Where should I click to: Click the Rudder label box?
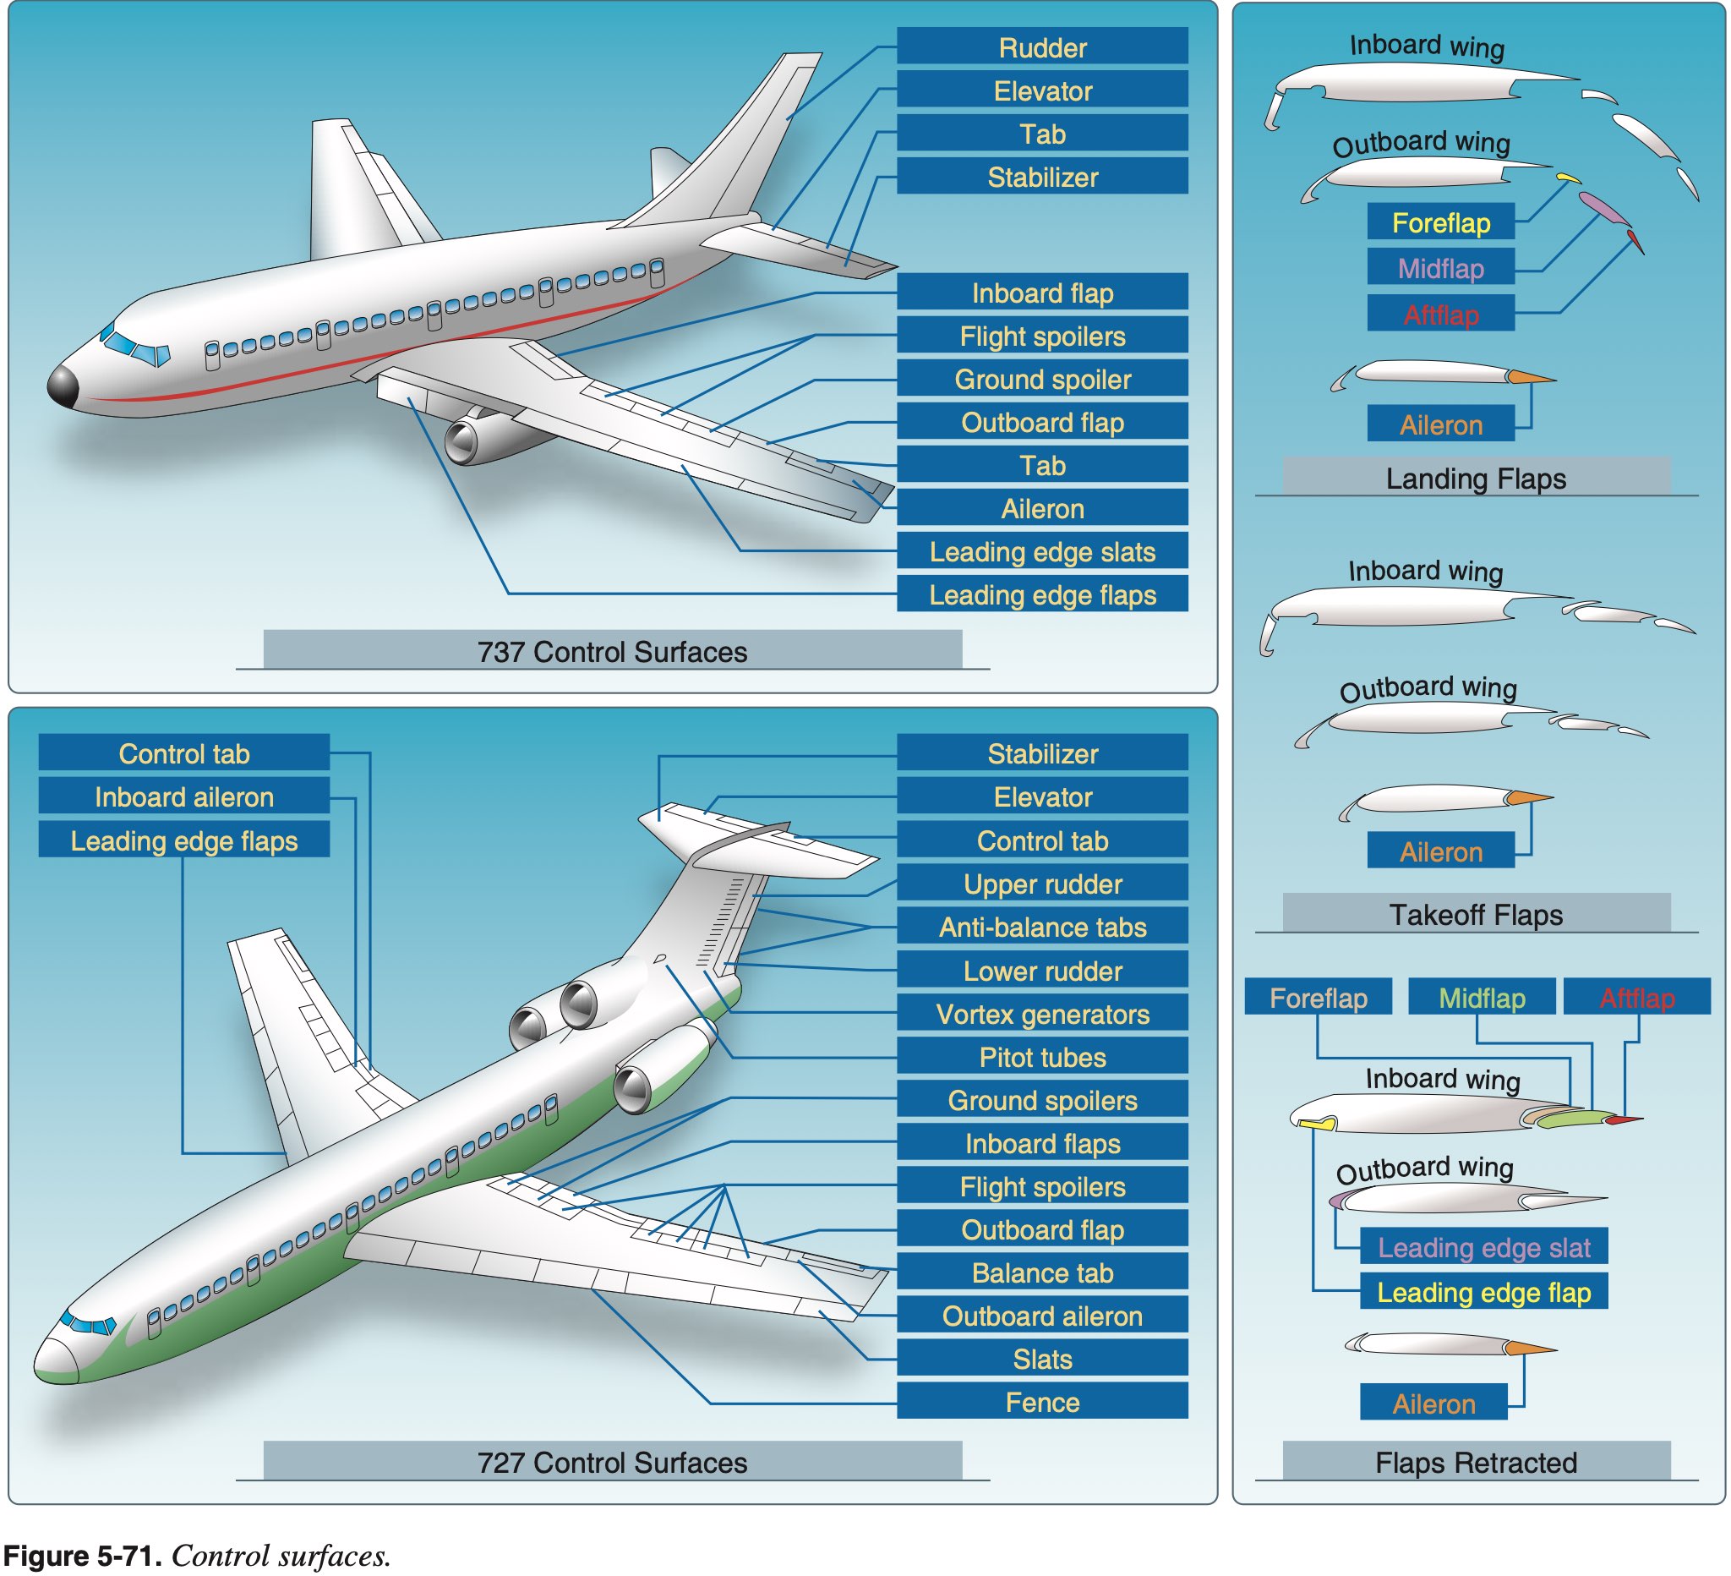tap(1041, 47)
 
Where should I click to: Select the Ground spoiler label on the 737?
tap(1041, 379)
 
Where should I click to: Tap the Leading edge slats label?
tap(1041, 551)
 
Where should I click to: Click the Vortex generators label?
tap(1041, 1015)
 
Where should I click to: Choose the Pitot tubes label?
tap(1041, 1057)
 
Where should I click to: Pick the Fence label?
tap(1041, 1403)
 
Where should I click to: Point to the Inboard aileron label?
tap(183, 797)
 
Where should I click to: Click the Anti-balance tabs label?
tap(1041, 928)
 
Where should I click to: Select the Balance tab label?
tap(1041, 1272)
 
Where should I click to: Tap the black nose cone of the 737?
tap(63, 386)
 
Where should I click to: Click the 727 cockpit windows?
tap(89, 1323)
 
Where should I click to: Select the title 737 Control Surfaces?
tap(611, 652)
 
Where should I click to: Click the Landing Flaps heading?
tap(1475, 479)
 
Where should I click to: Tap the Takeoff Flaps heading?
tap(1475, 915)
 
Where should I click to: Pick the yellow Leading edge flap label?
tap(1483, 1293)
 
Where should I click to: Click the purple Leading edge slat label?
tap(1483, 1247)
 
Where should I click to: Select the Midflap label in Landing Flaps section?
tap(1440, 269)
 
